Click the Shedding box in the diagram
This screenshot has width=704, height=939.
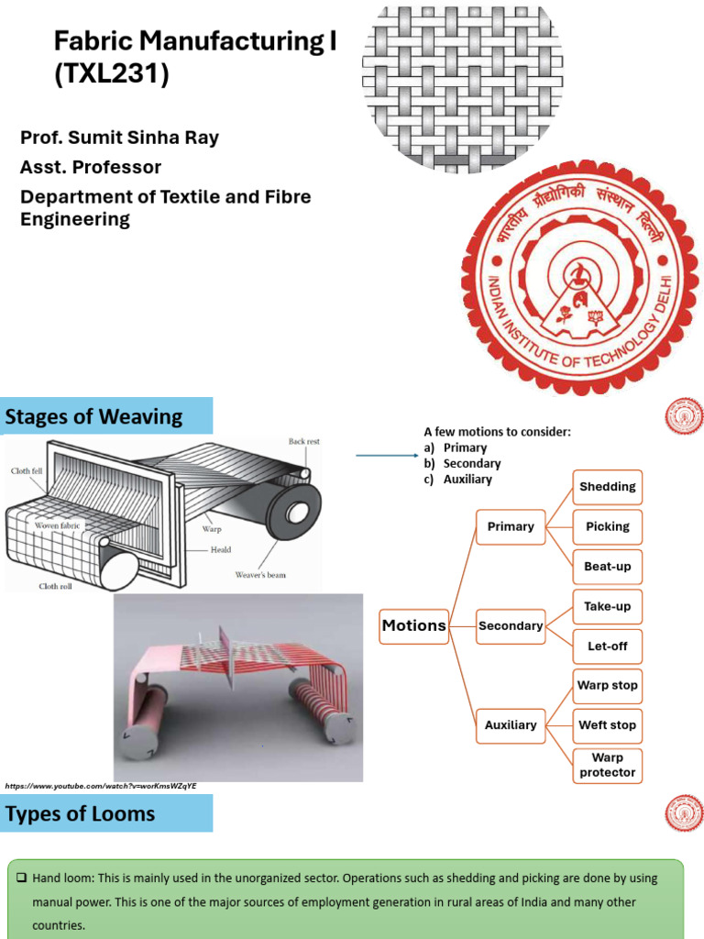click(x=607, y=486)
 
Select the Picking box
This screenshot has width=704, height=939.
click(x=607, y=526)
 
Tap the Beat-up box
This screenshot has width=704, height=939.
click(x=607, y=567)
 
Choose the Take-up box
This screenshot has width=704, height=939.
click(x=607, y=606)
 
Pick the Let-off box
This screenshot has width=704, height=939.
click(x=607, y=646)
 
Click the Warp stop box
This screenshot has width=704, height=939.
click(x=607, y=685)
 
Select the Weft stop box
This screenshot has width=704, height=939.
click(x=607, y=725)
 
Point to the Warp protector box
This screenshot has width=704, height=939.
click(x=607, y=765)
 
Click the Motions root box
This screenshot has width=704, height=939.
click(x=413, y=625)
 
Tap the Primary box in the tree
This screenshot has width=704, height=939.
click(x=511, y=526)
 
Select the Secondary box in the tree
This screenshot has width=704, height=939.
click(x=511, y=626)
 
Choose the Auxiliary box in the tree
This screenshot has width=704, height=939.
click(x=511, y=725)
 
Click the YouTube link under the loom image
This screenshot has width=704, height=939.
click(x=101, y=787)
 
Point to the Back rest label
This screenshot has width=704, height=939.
click(x=303, y=442)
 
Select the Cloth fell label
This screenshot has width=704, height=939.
click(x=27, y=470)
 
